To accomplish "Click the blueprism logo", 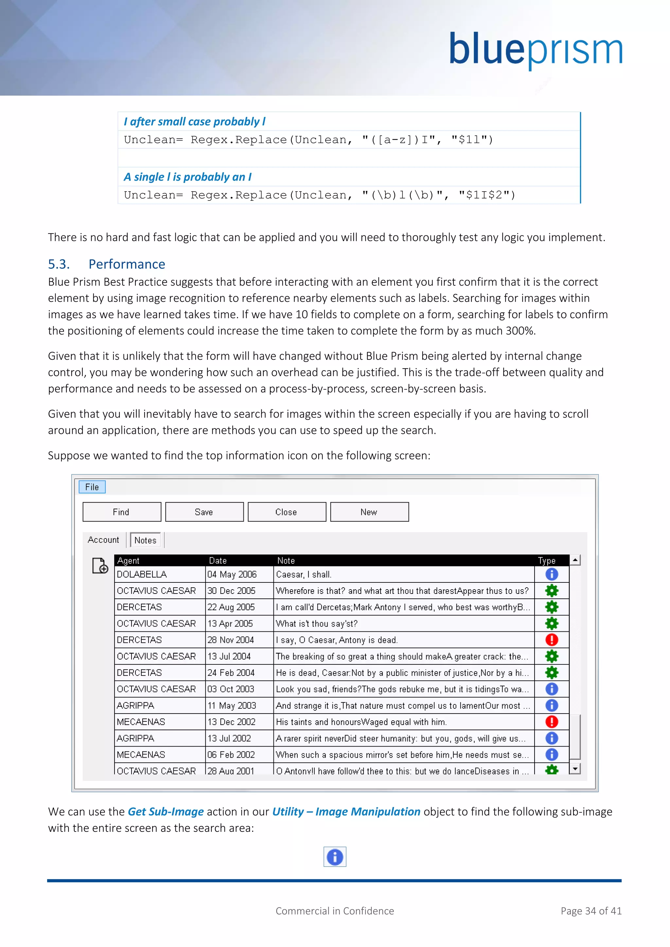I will [535, 50].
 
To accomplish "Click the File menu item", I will [92, 487].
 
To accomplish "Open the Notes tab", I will [145, 540].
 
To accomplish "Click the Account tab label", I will [103, 540].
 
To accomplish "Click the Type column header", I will [547, 560].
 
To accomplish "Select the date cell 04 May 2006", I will [232, 574].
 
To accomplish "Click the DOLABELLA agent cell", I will [142, 574].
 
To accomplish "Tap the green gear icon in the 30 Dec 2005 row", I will [552, 591].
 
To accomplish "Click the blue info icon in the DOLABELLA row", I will [552, 574].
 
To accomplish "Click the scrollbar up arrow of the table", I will [575, 560].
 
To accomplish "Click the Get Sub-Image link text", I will [166, 811].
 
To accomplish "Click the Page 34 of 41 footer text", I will [591, 911].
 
